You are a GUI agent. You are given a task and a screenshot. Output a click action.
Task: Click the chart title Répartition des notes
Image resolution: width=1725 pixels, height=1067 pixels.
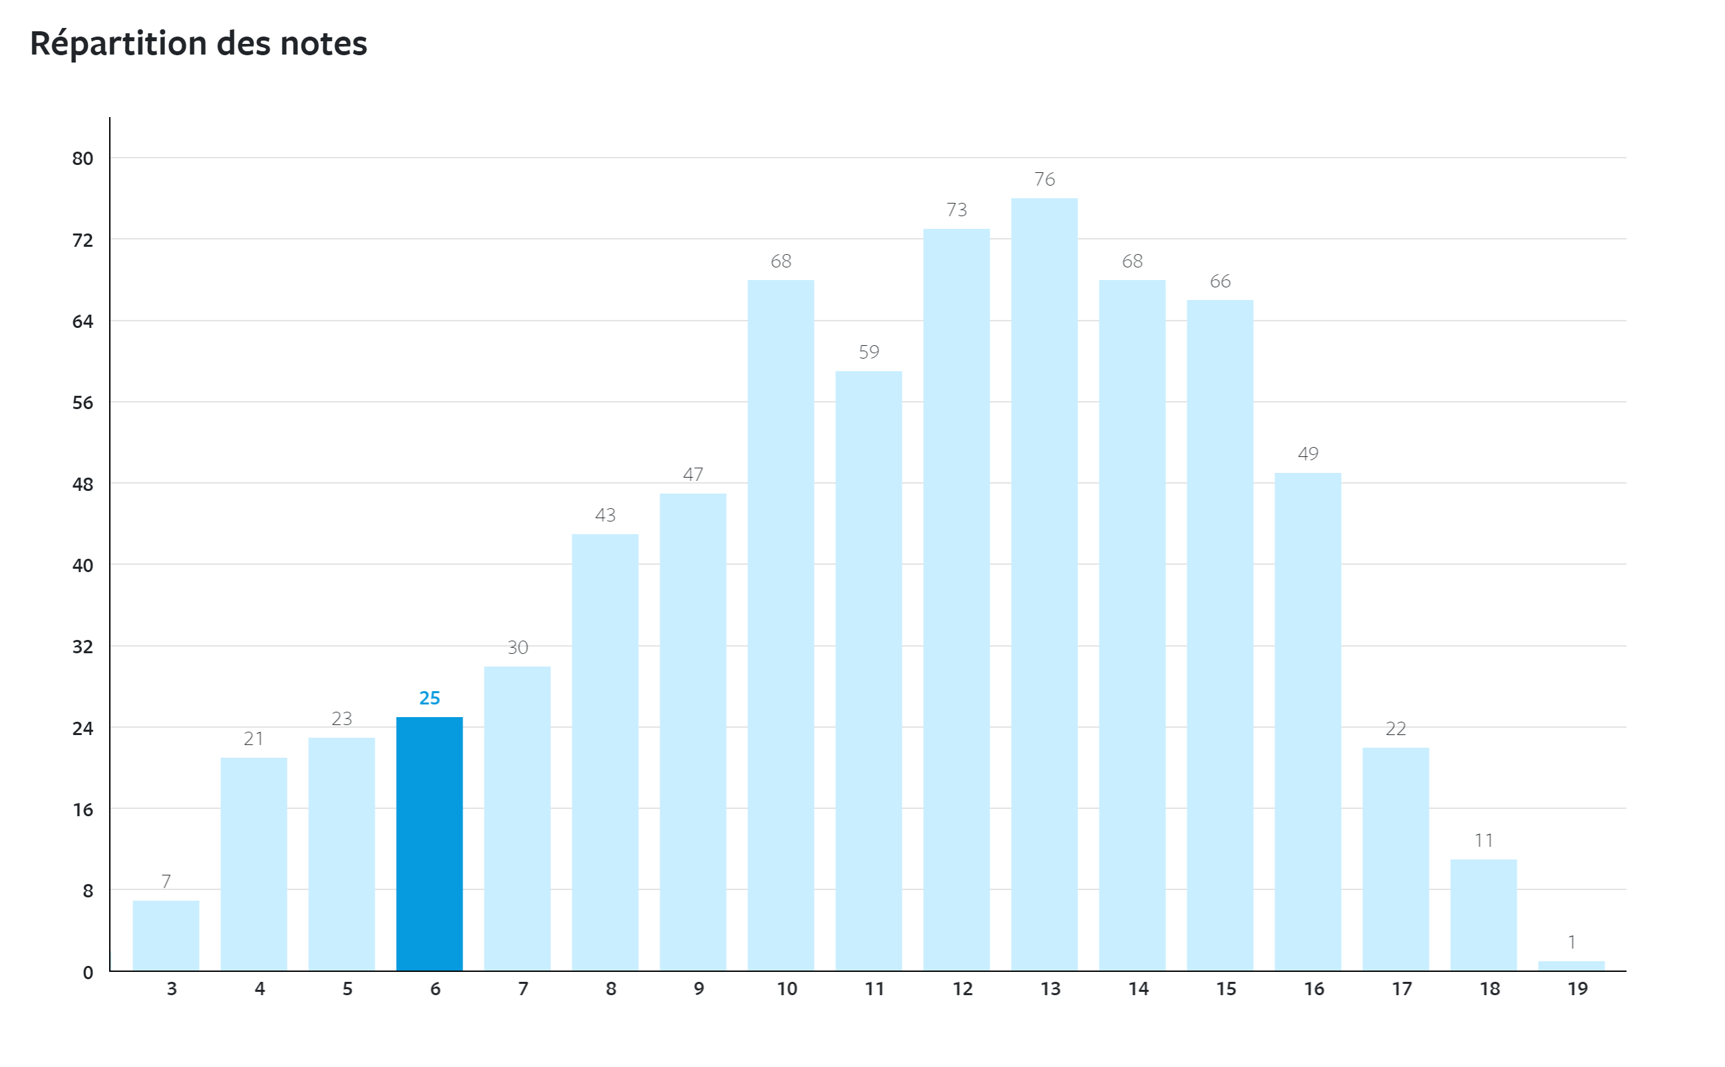click(x=198, y=44)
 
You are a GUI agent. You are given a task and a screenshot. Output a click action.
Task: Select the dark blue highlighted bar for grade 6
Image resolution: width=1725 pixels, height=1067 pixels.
click(x=429, y=843)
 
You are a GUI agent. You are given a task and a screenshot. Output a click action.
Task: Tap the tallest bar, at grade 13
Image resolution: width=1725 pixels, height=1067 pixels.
click(x=1044, y=584)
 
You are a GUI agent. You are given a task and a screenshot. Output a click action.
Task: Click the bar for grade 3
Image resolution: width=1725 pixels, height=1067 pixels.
click(x=166, y=935)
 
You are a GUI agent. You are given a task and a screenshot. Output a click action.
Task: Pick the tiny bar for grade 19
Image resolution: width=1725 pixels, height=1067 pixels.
click(x=1571, y=965)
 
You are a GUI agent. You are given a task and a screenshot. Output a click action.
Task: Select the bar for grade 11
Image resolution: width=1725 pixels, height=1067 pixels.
click(x=868, y=671)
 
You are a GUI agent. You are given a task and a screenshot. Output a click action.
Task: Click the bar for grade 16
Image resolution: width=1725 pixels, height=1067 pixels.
click(x=1307, y=721)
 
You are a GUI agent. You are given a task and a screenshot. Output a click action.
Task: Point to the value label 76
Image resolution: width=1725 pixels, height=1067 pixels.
click(x=1045, y=179)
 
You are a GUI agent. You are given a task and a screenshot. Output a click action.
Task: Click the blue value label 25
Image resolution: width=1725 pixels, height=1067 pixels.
click(x=429, y=698)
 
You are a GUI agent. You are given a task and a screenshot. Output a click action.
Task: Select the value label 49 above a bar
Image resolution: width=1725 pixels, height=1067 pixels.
click(x=1308, y=454)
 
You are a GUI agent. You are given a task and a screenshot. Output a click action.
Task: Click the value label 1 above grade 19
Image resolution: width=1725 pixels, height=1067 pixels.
click(x=1572, y=942)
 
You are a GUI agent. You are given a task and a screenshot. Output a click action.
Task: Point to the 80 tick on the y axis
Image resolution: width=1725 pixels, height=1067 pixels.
click(x=83, y=159)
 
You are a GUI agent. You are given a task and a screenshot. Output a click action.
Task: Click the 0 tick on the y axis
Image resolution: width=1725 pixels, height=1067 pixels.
click(x=88, y=973)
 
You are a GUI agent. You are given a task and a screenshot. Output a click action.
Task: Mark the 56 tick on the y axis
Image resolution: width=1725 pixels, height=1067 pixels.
click(x=83, y=403)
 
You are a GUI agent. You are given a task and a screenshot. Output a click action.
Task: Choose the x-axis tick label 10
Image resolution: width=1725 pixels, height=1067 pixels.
click(x=786, y=989)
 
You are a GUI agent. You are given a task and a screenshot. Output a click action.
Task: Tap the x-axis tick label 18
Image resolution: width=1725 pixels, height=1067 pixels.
click(x=1489, y=989)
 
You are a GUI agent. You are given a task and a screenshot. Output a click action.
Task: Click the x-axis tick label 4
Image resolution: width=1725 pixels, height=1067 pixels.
click(x=260, y=989)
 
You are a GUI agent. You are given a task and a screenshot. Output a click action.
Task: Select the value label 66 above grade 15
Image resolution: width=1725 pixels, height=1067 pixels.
click(x=1221, y=281)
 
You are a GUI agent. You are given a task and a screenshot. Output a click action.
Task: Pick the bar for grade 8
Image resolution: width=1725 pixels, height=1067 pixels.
click(x=605, y=752)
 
